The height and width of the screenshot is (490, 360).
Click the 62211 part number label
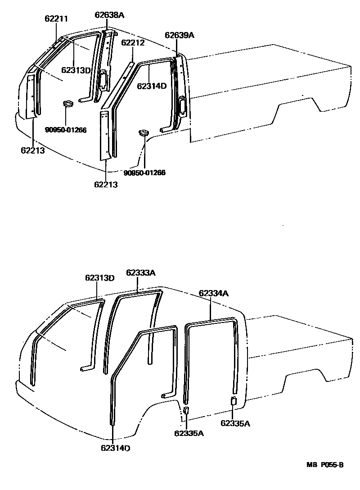[x=56, y=19]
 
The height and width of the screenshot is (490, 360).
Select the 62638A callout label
[x=109, y=15]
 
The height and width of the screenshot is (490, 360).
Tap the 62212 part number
[x=133, y=44]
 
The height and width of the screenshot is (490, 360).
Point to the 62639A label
[x=179, y=36]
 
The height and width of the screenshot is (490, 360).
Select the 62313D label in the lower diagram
[x=99, y=278]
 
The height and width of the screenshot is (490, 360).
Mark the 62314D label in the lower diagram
[x=115, y=448]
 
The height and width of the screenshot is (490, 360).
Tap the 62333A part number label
[x=141, y=272]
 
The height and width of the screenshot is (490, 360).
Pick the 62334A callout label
[x=214, y=293]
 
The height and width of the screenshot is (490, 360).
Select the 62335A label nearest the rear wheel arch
[x=235, y=423]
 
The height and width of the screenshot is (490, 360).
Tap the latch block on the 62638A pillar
[x=103, y=78]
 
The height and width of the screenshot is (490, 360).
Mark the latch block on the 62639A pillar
[x=183, y=104]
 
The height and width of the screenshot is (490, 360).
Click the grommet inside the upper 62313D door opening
[x=68, y=104]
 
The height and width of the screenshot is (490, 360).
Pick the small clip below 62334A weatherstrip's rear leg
[x=234, y=401]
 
